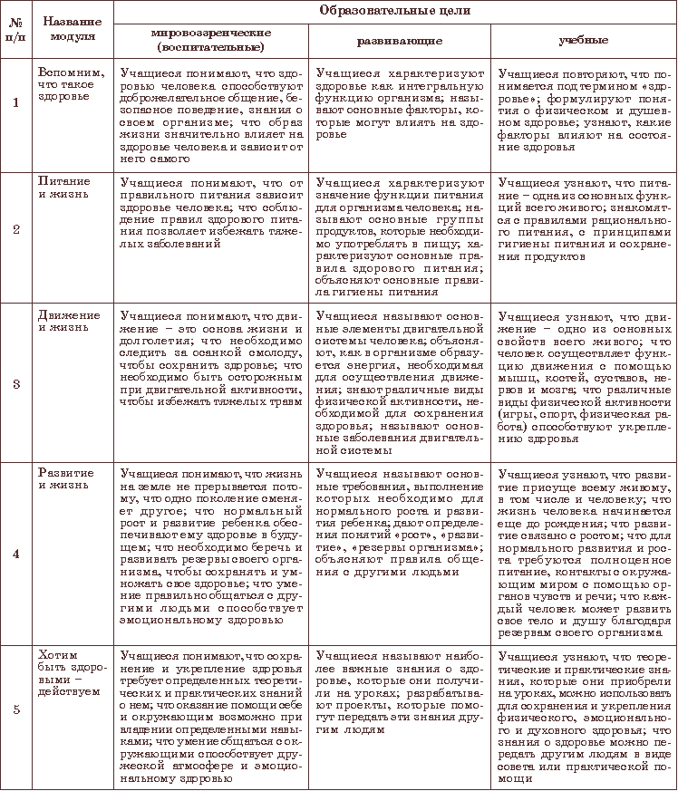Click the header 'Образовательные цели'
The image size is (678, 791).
396,10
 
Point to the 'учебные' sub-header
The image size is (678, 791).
583,41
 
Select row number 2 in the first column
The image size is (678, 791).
15,227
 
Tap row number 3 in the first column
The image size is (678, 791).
15,383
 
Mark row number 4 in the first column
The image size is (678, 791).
15,554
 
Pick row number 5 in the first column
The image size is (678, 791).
15,708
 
